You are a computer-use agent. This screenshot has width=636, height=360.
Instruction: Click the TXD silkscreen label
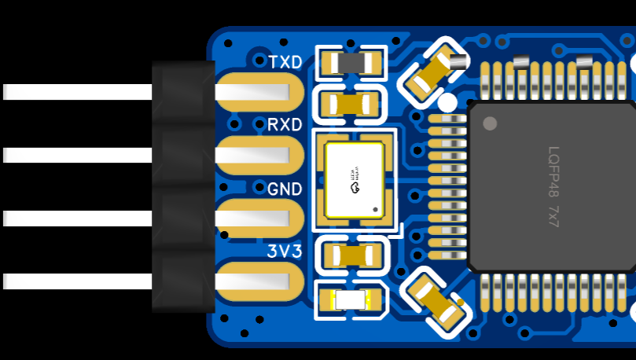pyautogui.click(x=285, y=62)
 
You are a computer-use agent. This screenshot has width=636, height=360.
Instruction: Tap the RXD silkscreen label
pyautogui.click(x=284, y=125)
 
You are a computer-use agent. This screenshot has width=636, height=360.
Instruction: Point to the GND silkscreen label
pyautogui.click(x=284, y=189)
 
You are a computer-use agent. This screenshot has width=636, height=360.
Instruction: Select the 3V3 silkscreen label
pyautogui.click(x=284, y=252)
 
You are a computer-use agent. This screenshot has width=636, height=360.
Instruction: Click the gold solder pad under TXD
pyautogui.click(x=259, y=93)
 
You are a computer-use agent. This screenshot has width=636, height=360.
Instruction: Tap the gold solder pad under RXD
pyautogui.click(x=259, y=156)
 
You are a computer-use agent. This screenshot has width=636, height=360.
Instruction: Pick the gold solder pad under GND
pyautogui.click(x=259, y=219)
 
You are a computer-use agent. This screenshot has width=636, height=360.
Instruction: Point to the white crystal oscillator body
pyautogui.click(x=355, y=180)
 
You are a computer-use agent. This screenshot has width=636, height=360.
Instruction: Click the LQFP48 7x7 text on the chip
pyautogui.click(x=553, y=187)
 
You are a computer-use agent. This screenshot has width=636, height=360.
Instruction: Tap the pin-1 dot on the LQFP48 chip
pyautogui.click(x=490, y=123)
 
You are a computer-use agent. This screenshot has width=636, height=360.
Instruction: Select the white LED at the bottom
pyautogui.click(x=351, y=300)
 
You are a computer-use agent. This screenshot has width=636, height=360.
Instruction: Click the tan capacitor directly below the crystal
pyautogui.click(x=351, y=255)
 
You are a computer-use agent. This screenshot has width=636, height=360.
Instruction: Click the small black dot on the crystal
pyautogui.click(x=375, y=210)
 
